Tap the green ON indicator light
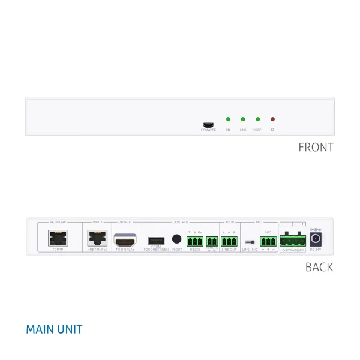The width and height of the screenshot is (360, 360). pos(228,119)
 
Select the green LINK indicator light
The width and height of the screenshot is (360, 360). pos(243,119)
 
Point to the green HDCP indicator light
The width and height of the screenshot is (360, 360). pos(257,119)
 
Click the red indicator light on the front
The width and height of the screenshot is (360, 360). pos(272,119)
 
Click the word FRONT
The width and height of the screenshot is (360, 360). pos(316,147)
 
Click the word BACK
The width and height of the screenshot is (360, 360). pos(319,267)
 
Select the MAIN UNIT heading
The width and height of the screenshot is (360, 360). pos(54,329)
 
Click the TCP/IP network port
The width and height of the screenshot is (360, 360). pos(58,238)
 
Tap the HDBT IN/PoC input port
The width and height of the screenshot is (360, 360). pos(97,238)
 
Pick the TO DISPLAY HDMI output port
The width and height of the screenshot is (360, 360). pos(125,239)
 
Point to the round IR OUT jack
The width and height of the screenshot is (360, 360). pos(176,239)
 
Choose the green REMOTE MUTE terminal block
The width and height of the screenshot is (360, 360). pos(212,241)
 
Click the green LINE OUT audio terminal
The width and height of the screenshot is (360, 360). pos(229,241)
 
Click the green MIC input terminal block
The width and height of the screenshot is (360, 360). pos(268,241)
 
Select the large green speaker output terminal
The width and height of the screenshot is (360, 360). pos(292,241)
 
